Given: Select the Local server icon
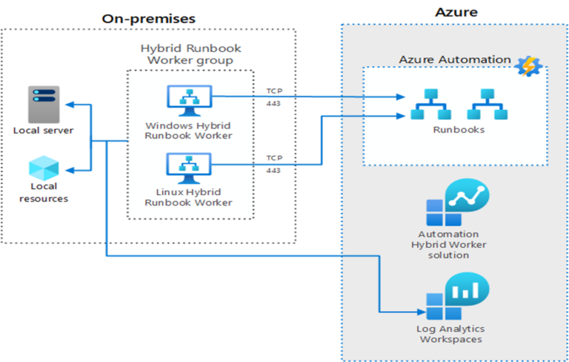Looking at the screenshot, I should tap(44, 104).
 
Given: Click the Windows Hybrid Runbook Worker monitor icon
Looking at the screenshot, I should tap(188, 102).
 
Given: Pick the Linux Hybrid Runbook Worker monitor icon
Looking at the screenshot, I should tap(188, 169).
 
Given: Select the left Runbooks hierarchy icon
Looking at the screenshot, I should tap(427, 104).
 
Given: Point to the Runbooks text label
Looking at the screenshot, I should tap(459, 130).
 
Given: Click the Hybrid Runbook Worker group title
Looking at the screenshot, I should tap(190, 54).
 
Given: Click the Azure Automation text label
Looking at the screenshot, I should tap(455, 59).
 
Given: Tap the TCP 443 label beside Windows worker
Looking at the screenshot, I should tap(274, 96).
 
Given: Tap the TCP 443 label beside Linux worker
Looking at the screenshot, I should tap(274, 164).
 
